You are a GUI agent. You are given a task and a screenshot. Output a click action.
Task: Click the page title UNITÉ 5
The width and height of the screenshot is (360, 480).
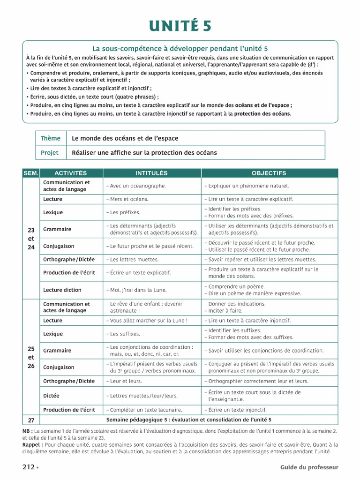tap(180, 26)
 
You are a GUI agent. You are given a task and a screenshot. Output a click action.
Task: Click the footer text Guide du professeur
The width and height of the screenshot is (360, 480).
tap(309, 467)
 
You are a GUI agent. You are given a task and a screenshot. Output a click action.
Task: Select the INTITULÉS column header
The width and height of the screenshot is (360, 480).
tap(151, 173)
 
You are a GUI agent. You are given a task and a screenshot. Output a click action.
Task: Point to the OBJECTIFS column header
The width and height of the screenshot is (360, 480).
tap(269, 173)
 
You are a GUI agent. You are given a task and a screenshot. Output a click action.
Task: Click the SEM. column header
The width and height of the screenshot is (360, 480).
tap(31, 173)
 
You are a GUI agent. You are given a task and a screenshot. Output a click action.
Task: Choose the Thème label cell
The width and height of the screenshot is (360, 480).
tap(51, 138)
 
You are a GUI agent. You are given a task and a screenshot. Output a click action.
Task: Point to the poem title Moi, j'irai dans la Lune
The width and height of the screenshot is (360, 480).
tap(136, 290)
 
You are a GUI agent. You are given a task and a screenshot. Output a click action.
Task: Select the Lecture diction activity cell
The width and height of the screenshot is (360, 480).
tap(62, 290)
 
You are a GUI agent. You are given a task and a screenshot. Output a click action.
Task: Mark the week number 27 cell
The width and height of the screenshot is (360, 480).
tap(31, 420)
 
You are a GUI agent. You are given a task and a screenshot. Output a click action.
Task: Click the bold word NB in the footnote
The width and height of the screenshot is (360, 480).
tap(27, 431)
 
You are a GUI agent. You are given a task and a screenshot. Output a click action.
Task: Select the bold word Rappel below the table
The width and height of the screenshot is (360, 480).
tap(32, 444)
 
